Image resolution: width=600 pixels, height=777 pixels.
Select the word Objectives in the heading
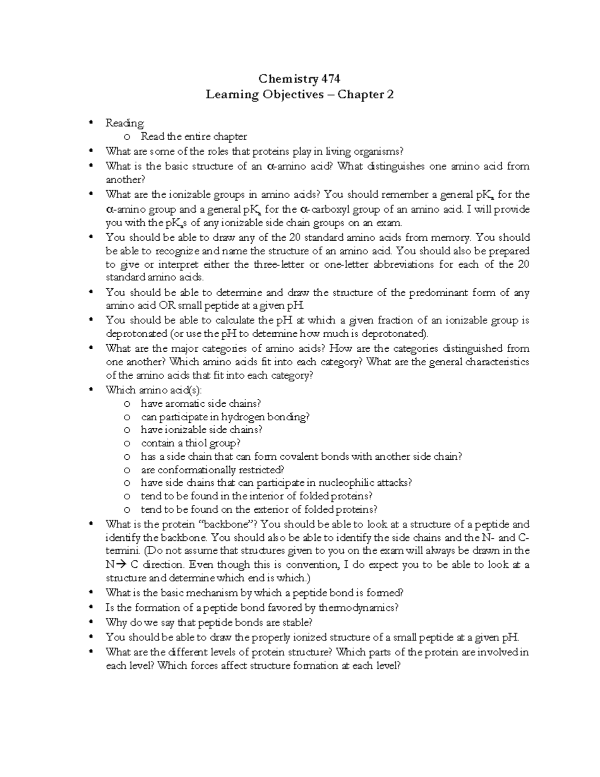[292, 95]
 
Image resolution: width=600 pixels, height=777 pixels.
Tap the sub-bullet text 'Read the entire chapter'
[193, 137]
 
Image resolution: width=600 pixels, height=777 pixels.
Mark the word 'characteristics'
[497, 362]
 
